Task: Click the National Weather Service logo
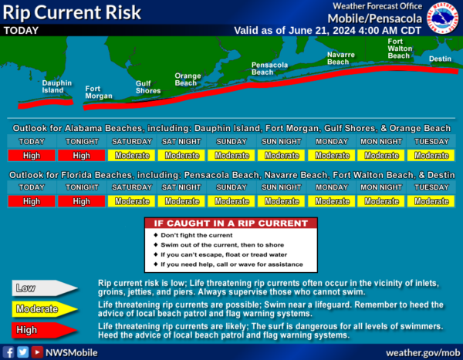[x=443, y=18]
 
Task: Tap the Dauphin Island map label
[x=56, y=86]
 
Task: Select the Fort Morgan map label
[x=99, y=92]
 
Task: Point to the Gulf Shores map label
[x=148, y=87]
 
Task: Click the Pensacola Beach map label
[x=269, y=69]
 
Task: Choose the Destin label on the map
[x=440, y=59]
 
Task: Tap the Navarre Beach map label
[x=341, y=58]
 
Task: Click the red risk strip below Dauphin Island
[x=46, y=103]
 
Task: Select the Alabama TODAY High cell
[x=32, y=156]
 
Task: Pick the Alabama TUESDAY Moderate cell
[x=431, y=156]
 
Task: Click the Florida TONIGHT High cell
[x=82, y=201]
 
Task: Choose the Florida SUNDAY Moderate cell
[x=231, y=201]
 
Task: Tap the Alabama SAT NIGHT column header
[x=181, y=142]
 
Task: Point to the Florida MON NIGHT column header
[x=381, y=187]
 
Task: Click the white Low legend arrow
[x=44, y=288]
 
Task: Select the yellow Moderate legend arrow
[x=44, y=309]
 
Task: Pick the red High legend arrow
[x=44, y=330]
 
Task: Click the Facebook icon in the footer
[x=8, y=352]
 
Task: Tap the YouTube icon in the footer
[x=37, y=352]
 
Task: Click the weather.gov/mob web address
[x=423, y=353]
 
